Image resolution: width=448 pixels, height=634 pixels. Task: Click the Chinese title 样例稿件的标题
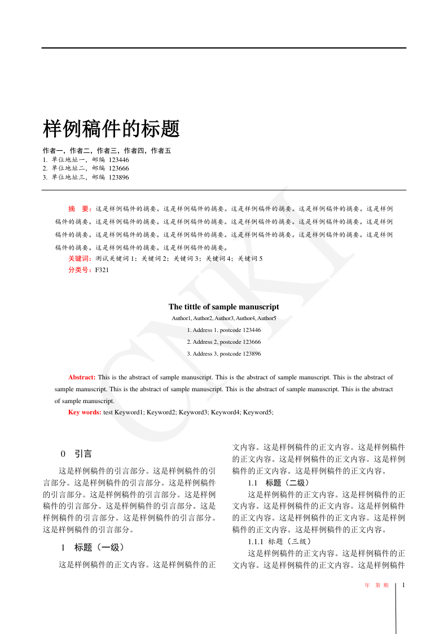point(111,129)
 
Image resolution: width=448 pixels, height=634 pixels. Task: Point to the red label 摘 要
point(79,209)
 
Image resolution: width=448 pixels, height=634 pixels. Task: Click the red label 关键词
point(80,259)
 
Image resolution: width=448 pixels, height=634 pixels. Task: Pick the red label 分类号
point(80,270)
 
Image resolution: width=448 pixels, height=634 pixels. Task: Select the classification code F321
point(102,270)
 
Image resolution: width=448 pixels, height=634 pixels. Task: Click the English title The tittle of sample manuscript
point(223,307)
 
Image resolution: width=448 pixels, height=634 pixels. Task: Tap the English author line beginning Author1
point(223,318)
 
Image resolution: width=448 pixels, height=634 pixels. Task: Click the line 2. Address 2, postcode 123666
point(223,342)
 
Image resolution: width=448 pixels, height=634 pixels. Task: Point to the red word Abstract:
point(82,377)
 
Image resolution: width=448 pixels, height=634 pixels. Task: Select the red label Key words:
point(85,413)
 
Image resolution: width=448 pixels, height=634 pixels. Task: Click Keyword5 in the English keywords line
point(258,413)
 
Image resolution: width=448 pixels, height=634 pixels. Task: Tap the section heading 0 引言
point(76,454)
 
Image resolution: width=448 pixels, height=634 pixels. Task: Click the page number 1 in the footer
point(404,585)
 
